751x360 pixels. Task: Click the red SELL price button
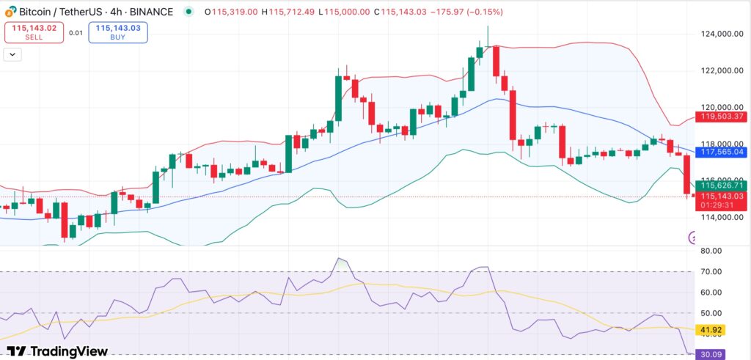pos(35,32)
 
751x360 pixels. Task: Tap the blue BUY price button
pos(119,32)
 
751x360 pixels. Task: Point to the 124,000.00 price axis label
pos(715,34)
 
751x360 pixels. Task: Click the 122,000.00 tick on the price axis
pos(715,70)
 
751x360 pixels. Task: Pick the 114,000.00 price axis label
pos(715,217)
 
